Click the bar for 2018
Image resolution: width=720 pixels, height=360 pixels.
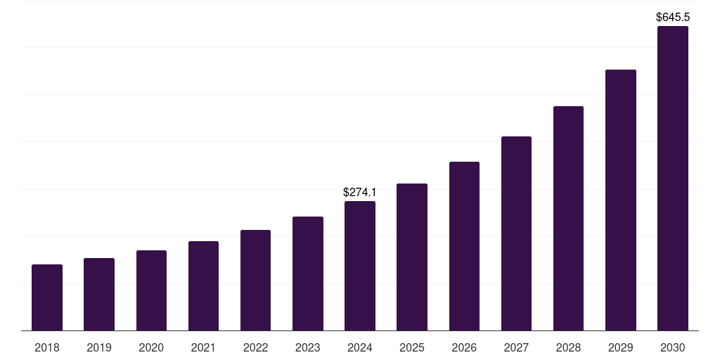[x=47, y=297]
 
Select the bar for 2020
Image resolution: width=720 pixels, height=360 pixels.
[x=151, y=290]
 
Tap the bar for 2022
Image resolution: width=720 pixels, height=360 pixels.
[x=255, y=280]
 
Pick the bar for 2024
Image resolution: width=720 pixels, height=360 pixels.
[x=360, y=266]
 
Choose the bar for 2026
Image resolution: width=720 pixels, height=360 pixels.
[x=464, y=246]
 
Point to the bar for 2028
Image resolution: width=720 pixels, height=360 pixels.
[x=568, y=218]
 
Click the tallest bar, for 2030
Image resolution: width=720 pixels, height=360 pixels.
[x=673, y=179]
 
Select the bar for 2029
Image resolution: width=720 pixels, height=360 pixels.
[x=621, y=200]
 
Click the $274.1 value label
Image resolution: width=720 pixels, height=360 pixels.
[x=360, y=192]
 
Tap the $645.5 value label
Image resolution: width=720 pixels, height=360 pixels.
[x=673, y=17]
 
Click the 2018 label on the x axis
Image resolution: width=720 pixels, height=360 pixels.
[x=47, y=347]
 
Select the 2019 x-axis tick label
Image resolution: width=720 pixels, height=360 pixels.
[x=99, y=347]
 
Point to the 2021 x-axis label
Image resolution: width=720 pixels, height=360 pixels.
[x=203, y=347]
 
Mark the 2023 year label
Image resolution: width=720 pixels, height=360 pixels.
[x=308, y=347]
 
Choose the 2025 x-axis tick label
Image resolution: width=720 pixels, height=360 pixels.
[x=412, y=347]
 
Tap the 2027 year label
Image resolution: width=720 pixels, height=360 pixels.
[x=516, y=347]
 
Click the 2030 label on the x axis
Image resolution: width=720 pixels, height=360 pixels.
[x=673, y=347]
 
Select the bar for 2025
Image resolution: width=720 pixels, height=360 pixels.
[x=412, y=257]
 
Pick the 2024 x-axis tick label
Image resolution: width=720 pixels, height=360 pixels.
[x=360, y=347]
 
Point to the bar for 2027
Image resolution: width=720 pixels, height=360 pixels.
[x=516, y=233]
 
